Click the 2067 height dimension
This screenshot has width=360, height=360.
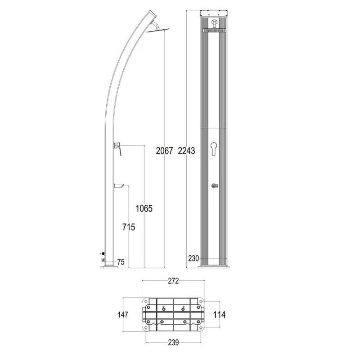pos(164,151)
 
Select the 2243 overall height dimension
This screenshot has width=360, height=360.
pos(186,151)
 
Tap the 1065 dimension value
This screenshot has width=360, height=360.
pos(144,208)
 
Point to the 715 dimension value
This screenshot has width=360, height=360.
pos(129,227)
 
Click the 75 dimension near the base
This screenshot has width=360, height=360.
pos(121,262)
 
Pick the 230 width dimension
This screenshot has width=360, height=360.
pos(193,258)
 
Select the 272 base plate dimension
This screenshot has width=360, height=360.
pos(173,281)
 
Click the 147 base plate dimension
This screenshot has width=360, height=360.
pos(123,315)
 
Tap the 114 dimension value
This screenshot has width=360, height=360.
pos(219,315)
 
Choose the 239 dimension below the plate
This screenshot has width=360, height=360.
pos(173,342)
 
